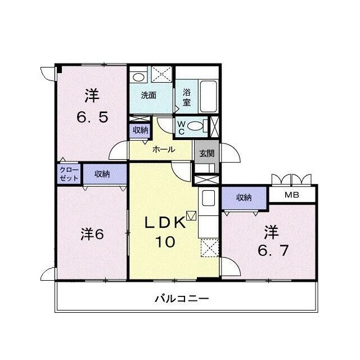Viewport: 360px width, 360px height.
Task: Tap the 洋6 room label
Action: tap(92, 234)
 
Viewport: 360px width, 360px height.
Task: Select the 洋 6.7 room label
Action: tap(273, 241)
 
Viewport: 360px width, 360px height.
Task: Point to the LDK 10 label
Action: tap(165, 232)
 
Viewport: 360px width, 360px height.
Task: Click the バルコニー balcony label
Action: tap(182, 299)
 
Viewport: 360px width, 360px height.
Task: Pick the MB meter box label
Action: tap(292, 195)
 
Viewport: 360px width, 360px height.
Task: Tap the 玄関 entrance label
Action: tap(206, 153)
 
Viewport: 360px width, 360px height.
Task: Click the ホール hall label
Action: tap(164, 150)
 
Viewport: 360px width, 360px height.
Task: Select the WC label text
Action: tap(181, 128)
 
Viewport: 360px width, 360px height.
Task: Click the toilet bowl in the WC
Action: tap(195, 126)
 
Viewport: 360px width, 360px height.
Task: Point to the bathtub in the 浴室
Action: tap(209, 96)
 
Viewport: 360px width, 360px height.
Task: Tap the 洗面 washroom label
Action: tap(148, 95)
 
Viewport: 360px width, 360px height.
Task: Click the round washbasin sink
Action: tap(138, 78)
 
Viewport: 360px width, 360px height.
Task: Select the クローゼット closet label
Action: tap(69, 174)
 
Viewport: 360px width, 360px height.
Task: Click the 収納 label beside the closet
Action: tap(102, 174)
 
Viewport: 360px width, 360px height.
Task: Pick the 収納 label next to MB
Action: tap(244, 197)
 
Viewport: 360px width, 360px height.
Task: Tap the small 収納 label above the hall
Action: tap(140, 130)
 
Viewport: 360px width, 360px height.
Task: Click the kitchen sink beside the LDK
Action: tap(209, 198)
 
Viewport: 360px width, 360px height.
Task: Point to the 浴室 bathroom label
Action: tap(187, 97)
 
